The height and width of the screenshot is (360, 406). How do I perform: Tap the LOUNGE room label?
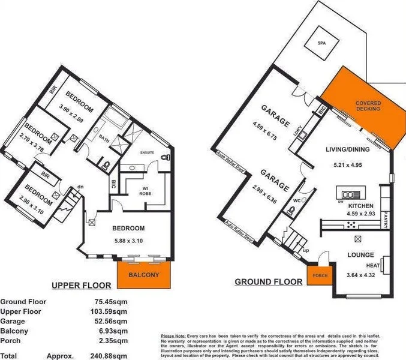[x=360, y=254]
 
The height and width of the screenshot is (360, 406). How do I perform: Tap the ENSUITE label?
[x=147, y=152]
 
